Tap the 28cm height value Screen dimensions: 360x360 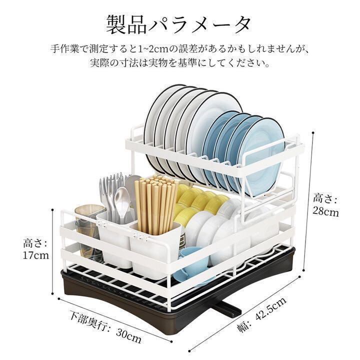point(326,211)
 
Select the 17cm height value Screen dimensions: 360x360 point(35,255)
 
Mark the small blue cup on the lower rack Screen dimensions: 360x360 point(192,265)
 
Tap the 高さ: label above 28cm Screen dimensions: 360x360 point(325,198)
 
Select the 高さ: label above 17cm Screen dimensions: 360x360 point(35,243)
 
